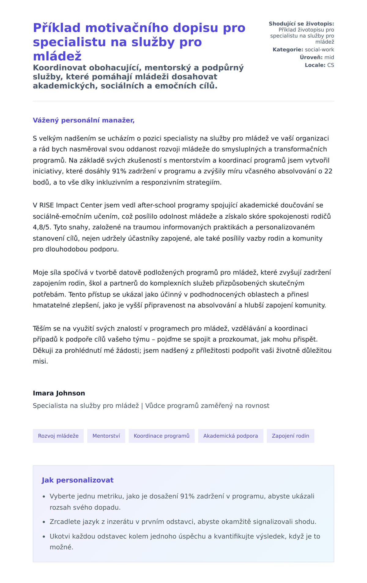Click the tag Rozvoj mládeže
[58, 436]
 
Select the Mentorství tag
[106, 436]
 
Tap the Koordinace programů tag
[161, 436]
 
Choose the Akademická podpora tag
[231, 436]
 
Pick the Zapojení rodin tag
[290, 436]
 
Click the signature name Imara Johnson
[59, 393]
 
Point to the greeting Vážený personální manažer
[83, 120]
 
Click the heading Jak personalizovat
[77, 480]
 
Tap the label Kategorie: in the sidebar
[288, 49]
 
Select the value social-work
[320, 49]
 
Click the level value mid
[329, 57]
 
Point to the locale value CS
[331, 65]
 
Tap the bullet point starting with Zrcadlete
[183, 522]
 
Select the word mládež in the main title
[57, 56]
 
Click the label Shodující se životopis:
[301, 24]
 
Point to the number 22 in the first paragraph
[328, 171]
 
